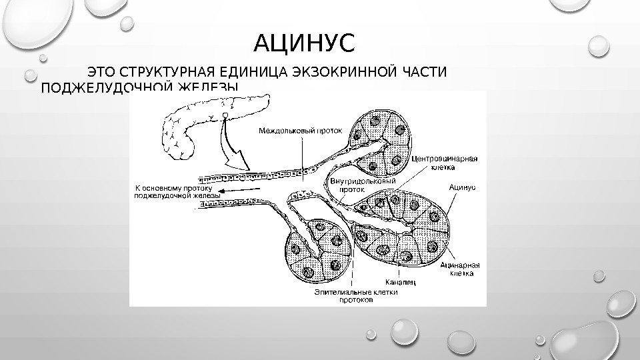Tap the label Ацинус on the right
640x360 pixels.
[x=461, y=187]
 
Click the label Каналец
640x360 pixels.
[x=400, y=282]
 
